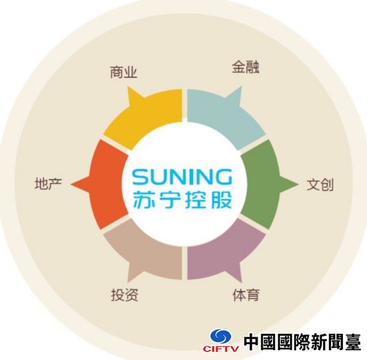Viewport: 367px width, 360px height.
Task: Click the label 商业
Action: [x=123, y=72]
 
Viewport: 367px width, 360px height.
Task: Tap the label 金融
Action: [x=246, y=67]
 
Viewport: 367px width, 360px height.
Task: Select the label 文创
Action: [x=320, y=185]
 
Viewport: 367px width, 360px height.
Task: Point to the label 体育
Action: [x=246, y=295]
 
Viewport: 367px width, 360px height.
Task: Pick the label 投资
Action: [x=125, y=295]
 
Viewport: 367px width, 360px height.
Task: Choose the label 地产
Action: [x=48, y=183]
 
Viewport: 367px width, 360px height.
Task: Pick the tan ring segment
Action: [x=145, y=253]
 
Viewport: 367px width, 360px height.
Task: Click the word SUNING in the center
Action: [x=182, y=177]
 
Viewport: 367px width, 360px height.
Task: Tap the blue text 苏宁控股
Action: [x=183, y=199]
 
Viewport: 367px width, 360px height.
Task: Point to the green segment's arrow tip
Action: [x=298, y=184]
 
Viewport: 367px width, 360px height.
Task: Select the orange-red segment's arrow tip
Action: [x=71, y=184]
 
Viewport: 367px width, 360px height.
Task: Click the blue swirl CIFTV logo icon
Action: [x=220, y=337]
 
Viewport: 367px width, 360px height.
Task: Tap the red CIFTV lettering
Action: [x=221, y=349]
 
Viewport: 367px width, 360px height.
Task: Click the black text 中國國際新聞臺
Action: [x=302, y=342]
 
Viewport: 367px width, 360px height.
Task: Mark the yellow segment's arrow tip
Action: [x=128, y=87]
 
